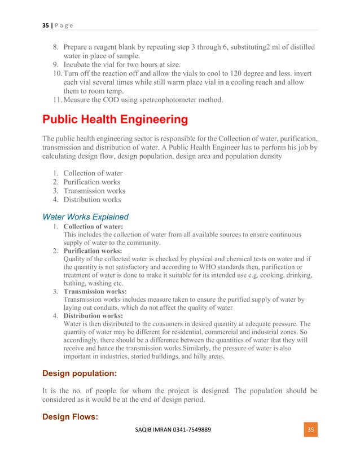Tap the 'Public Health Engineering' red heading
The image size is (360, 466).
click(x=113, y=120)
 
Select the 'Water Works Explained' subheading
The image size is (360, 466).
click(x=86, y=217)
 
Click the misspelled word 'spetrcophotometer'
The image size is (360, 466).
click(x=180, y=100)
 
